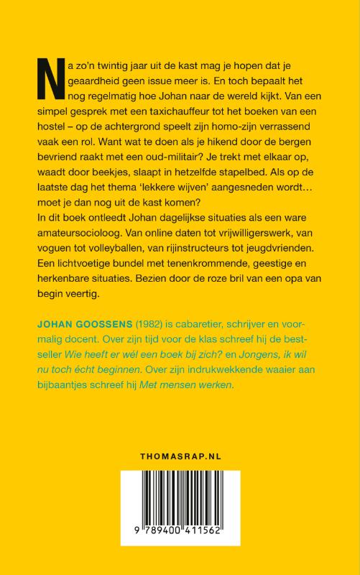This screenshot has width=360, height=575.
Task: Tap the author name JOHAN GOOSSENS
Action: tap(82, 336)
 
